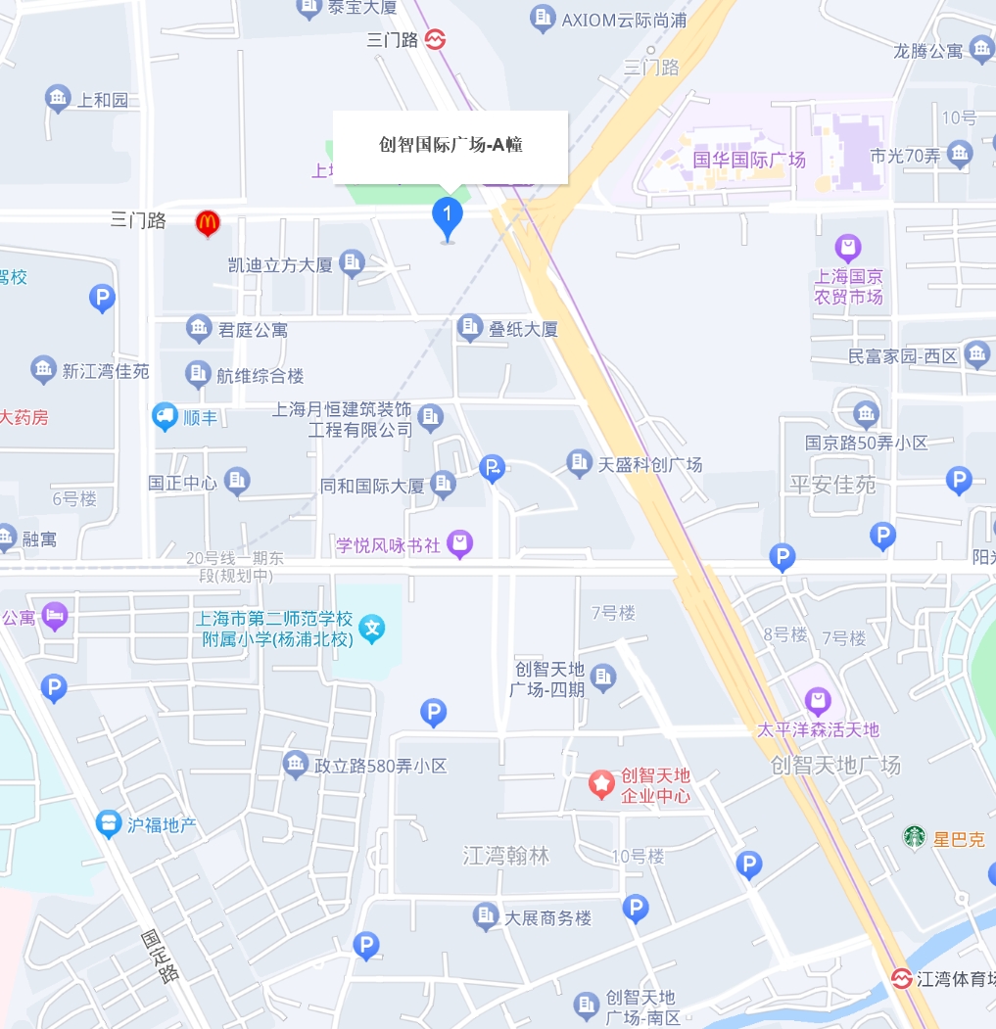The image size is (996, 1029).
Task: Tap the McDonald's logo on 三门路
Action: coord(207,222)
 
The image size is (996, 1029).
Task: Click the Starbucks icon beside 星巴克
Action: coord(914,837)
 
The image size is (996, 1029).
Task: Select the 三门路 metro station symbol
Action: coord(436,39)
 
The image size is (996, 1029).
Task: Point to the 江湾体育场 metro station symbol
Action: coord(901,978)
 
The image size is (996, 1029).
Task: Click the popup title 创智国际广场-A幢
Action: coord(451,145)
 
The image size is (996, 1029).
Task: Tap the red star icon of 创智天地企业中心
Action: coord(600,782)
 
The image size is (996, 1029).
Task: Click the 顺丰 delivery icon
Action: coord(165,417)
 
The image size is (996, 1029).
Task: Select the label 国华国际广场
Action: coord(748,159)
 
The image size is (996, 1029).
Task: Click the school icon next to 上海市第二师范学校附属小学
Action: coord(371,628)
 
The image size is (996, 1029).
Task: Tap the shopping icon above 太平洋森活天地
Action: coord(818,701)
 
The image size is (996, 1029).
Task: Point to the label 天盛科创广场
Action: coord(650,464)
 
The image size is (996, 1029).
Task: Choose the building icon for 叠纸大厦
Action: coord(471,327)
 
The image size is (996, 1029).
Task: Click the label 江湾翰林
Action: coord(506,856)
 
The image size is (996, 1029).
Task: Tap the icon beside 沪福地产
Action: coord(109,824)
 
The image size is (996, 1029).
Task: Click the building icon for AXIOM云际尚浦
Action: coord(542,18)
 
